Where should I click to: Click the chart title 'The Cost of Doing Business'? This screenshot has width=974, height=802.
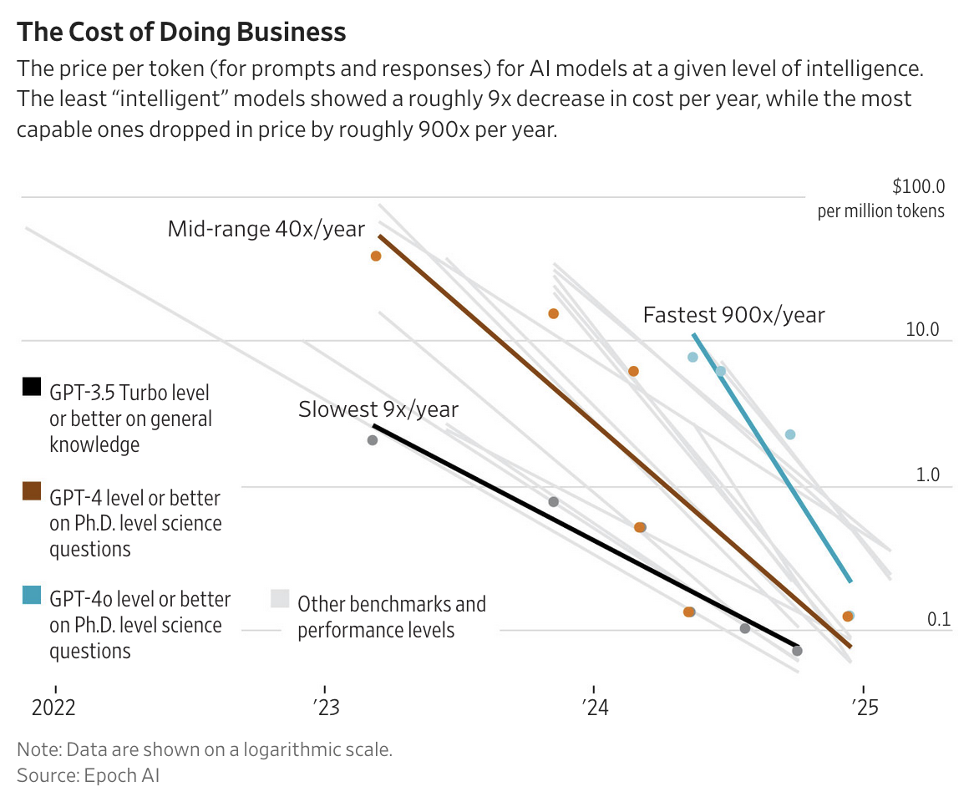[x=181, y=32]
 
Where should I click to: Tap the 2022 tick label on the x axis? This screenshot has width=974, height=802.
[x=53, y=708]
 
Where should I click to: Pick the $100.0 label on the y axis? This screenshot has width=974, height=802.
[x=918, y=185]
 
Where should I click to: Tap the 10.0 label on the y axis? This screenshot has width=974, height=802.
[x=922, y=330]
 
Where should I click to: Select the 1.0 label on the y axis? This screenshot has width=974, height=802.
[x=927, y=475]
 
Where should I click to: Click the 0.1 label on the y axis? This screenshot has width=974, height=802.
[x=939, y=619]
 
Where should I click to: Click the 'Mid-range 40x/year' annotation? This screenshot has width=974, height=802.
[x=266, y=229]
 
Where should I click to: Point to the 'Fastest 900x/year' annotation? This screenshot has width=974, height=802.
[x=733, y=315]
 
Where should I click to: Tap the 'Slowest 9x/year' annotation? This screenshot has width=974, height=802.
[x=378, y=409]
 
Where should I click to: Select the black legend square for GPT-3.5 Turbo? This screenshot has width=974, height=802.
[x=31, y=386]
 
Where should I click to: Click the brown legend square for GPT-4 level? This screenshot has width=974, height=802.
[x=31, y=491]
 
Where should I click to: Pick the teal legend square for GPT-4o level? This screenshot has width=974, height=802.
[x=31, y=595]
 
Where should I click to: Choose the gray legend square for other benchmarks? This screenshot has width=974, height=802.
[x=280, y=598]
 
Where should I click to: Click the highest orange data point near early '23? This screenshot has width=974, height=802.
[x=376, y=256]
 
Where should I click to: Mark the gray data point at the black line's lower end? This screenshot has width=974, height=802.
[x=797, y=651]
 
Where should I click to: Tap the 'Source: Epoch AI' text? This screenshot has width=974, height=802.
[x=88, y=775]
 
